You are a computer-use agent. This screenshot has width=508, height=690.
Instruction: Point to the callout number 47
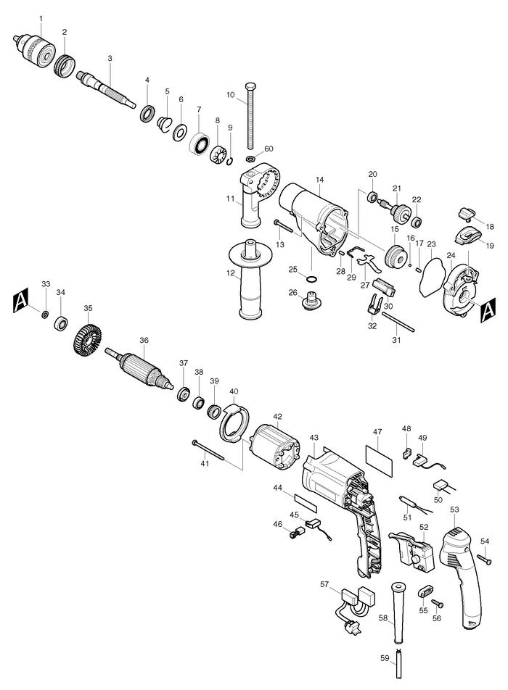[x=377, y=432]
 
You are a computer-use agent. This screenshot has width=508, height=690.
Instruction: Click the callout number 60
[x=269, y=149]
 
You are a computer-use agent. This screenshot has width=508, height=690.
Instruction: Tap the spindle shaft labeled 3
[x=109, y=86]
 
